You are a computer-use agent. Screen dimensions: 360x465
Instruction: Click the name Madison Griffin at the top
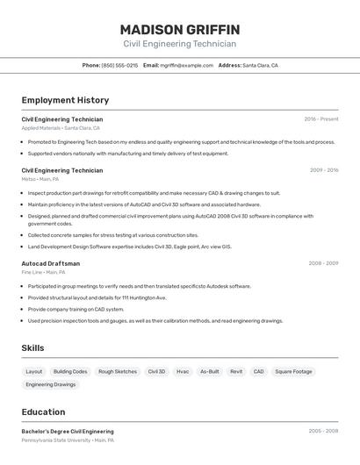click(x=179, y=30)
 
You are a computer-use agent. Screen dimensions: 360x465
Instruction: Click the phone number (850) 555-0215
click(x=119, y=65)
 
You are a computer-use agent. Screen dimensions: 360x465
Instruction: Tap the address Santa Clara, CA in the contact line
click(x=260, y=65)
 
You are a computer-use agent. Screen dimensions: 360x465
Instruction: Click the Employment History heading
click(x=65, y=100)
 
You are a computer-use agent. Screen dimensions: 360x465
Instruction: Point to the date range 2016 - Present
click(x=320, y=119)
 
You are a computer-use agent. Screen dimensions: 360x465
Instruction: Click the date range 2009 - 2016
click(x=323, y=170)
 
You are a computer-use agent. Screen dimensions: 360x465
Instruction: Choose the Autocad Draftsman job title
click(x=51, y=263)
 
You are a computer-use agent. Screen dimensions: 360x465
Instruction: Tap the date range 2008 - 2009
click(x=323, y=263)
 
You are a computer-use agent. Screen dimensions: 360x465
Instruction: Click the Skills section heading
click(x=33, y=348)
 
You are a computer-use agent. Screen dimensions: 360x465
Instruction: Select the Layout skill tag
click(x=34, y=371)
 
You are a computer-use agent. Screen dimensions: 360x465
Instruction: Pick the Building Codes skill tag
click(x=70, y=371)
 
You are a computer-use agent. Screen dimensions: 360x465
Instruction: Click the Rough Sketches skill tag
click(x=118, y=371)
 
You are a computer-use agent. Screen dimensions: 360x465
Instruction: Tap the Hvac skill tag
click(x=183, y=371)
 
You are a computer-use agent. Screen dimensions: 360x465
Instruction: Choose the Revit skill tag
click(x=236, y=371)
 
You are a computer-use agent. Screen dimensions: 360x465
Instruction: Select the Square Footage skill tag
click(x=293, y=371)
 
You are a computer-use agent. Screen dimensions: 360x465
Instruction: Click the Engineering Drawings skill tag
click(x=51, y=384)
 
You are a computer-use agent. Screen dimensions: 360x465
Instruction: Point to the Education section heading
click(x=43, y=412)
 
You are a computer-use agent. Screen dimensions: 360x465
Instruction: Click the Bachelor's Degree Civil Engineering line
click(x=68, y=432)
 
